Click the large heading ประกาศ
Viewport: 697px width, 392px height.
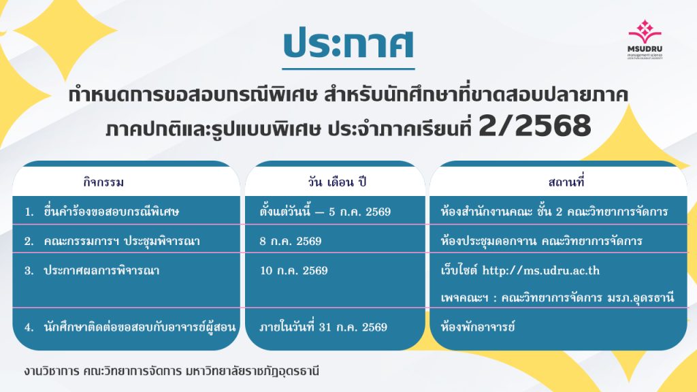click(348, 44)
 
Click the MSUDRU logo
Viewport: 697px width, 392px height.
click(645, 39)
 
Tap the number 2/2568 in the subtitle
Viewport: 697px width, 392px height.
click(535, 125)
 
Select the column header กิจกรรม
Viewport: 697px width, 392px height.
click(103, 182)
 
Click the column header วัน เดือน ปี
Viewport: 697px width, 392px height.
click(337, 182)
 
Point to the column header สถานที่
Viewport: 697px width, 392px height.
click(566, 182)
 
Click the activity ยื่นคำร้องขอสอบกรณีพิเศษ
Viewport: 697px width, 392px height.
click(111, 212)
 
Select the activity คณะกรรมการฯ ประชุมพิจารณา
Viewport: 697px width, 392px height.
click(122, 242)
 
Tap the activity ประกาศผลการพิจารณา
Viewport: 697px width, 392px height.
click(101, 271)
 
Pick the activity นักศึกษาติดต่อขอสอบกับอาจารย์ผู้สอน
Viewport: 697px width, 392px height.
click(140, 327)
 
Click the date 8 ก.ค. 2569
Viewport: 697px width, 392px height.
click(291, 242)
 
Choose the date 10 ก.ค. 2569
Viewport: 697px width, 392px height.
click(294, 271)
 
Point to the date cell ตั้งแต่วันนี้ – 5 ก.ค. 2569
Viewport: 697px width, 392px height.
click(325, 212)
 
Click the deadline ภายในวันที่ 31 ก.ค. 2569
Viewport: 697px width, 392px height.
click(323, 327)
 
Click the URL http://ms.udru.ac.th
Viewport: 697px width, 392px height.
click(541, 271)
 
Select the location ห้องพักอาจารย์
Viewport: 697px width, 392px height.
click(478, 327)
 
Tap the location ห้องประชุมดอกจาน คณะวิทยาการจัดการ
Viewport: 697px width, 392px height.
click(541, 242)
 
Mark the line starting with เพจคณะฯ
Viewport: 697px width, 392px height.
click(557, 297)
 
